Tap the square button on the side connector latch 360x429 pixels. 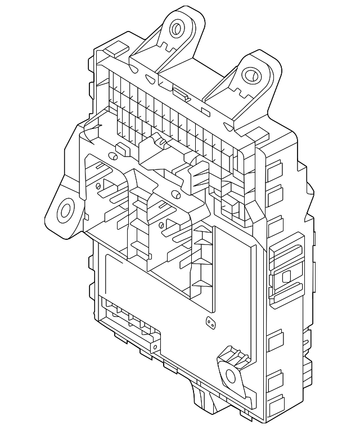285,276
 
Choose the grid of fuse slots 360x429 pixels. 169,118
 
